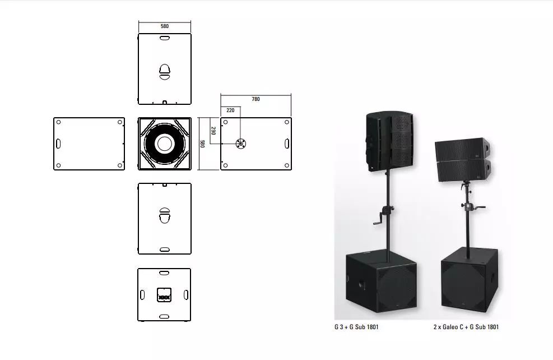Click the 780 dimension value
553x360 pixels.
click(x=255, y=99)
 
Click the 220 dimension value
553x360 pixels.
click(x=230, y=110)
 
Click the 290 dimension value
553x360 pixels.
click(x=213, y=131)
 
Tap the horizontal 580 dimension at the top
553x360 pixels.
click(x=165, y=26)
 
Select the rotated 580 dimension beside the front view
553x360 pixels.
click(x=202, y=144)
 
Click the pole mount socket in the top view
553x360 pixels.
click(x=241, y=144)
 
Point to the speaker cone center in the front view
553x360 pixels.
click(x=165, y=144)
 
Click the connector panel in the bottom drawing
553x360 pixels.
click(x=164, y=295)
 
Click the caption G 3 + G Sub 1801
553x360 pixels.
click(x=356, y=327)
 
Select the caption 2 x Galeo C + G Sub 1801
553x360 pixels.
click(x=466, y=327)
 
